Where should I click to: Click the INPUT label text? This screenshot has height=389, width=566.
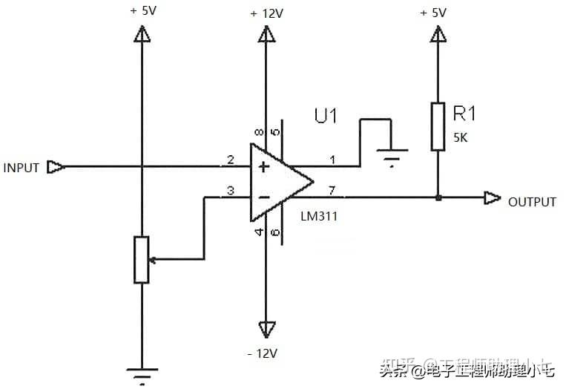coord(21,168)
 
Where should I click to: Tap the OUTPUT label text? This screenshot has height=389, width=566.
coord(531,202)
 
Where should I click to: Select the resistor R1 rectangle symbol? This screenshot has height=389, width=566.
coord(438,127)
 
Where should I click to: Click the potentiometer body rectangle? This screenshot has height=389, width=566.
coord(141,259)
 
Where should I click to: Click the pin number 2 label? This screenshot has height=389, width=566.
coord(231,160)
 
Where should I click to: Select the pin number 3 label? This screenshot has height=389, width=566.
coord(231,192)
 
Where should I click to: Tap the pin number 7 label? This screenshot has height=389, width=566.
coord(332,192)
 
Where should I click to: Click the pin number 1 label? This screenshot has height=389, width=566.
coord(332,160)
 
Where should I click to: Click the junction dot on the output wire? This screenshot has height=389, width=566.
coord(438,198)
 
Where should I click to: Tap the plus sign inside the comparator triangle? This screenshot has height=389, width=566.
coord(263,168)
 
